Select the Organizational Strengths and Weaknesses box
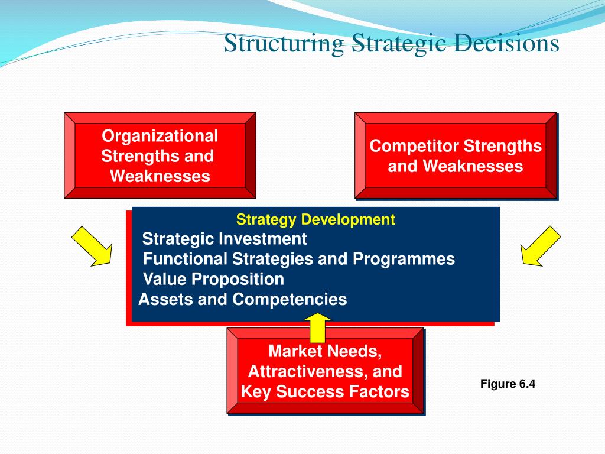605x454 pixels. tap(160, 155)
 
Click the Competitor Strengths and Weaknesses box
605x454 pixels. tap(455, 155)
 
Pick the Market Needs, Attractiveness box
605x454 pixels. tap(325, 371)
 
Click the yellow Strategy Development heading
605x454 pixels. tap(315, 220)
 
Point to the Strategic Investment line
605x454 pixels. tap(225, 239)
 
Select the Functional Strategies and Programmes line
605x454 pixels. tap(299, 259)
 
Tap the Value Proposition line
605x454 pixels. tap(213, 279)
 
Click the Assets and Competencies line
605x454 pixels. tap(242, 299)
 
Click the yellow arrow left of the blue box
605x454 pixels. tap(92, 245)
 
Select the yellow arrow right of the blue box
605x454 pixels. tap(540, 245)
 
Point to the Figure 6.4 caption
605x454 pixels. tap(508, 384)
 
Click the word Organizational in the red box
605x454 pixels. tap(160, 136)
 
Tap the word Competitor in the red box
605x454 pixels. tap(414, 146)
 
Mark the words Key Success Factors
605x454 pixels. tap(325, 392)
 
